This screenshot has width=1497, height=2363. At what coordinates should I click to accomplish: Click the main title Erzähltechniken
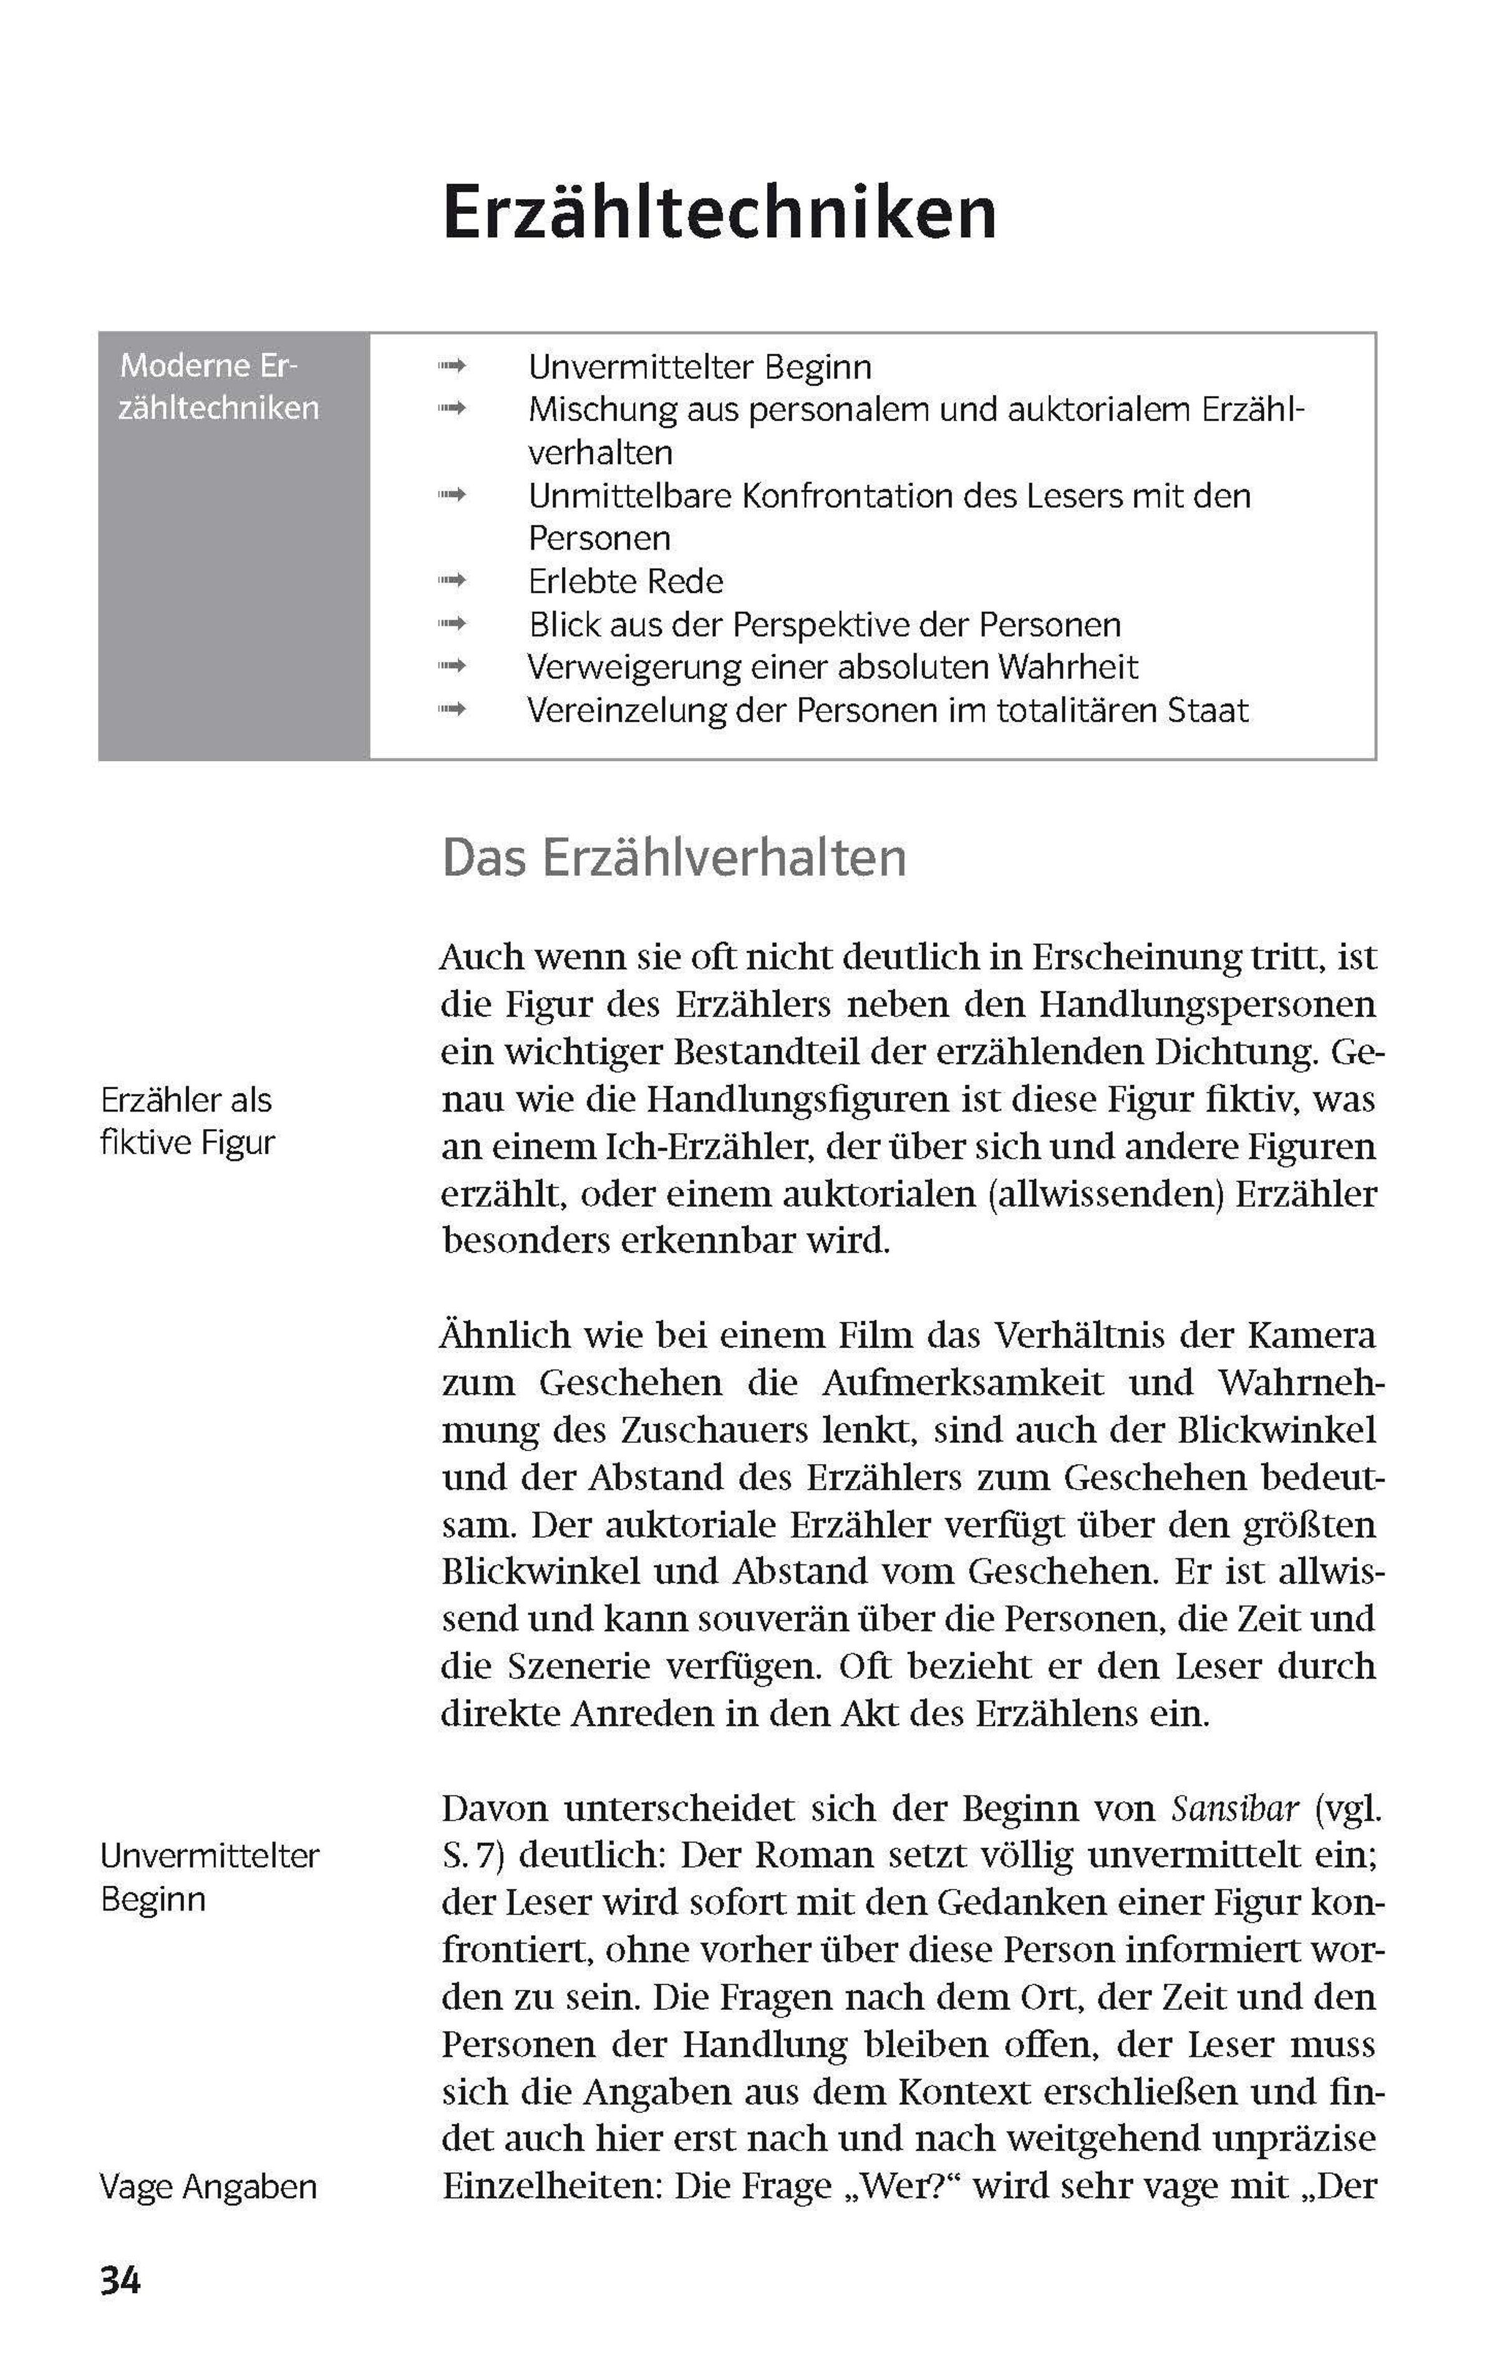click(x=719, y=213)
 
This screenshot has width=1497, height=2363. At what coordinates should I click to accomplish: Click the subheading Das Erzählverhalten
click(x=674, y=858)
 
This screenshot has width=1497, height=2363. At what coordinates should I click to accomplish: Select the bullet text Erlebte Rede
click(x=626, y=582)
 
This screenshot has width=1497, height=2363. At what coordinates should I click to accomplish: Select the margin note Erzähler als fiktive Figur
click(x=187, y=1120)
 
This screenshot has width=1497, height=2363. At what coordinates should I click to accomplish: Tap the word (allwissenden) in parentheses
click(x=1105, y=1194)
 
